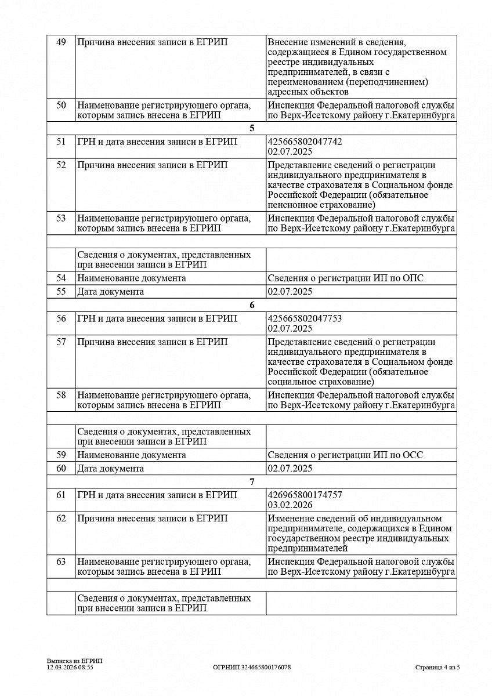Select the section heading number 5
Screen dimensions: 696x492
pyautogui.click(x=252, y=129)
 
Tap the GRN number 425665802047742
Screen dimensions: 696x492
pyautogui.click(x=305, y=142)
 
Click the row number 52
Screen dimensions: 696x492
pyautogui.click(x=61, y=165)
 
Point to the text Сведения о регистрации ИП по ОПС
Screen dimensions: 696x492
pyautogui.click(x=345, y=278)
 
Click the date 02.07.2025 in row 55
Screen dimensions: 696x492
pyautogui.click(x=290, y=292)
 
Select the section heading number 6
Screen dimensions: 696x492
pyautogui.click(x=252, y=306)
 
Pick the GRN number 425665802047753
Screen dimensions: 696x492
pyautogui.click(x=305, y=318)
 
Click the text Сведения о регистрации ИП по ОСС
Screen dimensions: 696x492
pyautogui.click(x=345, y=455)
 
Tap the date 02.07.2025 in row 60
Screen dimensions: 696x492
pyautogui.click(x=290, y=469)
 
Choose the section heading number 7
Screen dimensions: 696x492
pyautogui.click(x=252, y=482)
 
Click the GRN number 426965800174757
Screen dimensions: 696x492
pyautogui.click(x=305, y=495)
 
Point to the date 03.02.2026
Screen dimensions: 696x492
pyautogui.click(x=290, y=505)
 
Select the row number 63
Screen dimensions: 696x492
pyautogui.click(x=61, y=562)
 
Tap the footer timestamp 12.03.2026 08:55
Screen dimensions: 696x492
pyautogui.click(x=70, y=668)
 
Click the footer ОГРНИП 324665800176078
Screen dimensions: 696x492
pyautogui.click(x=252, y=668)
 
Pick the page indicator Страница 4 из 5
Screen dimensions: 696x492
pyautogui.click(x=437, y=668)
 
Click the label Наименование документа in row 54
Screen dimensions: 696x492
pyautogui.click(x=132, y=278)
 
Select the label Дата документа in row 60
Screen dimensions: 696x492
pyautogui.click(x=110, y=469)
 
